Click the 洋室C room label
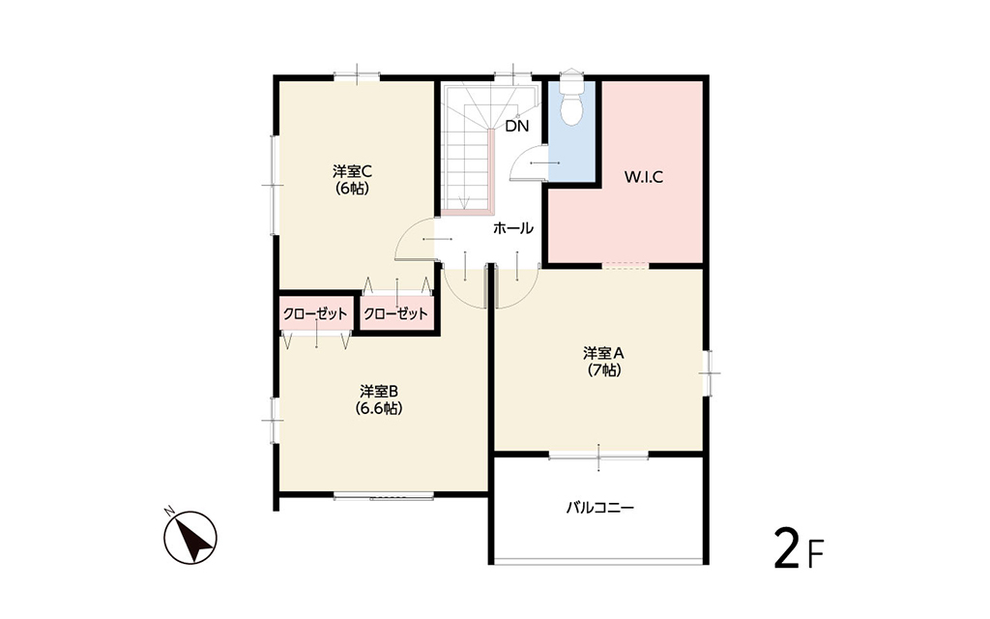(352, 171)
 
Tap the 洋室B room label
(378, 391)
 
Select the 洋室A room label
(603, 352)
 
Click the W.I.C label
(643, 177)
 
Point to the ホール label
(512, 228)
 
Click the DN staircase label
(517, 126)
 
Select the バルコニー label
(599, 507)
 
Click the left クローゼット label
(315, 314)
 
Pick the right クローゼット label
(395, 314)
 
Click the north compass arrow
(190, 538)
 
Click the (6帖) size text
(352, 189)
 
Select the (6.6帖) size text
(378, 408)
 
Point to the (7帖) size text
(603, 370)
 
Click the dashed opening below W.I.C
(626, 265)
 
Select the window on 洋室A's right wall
(709, 373)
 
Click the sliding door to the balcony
(598, 456)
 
